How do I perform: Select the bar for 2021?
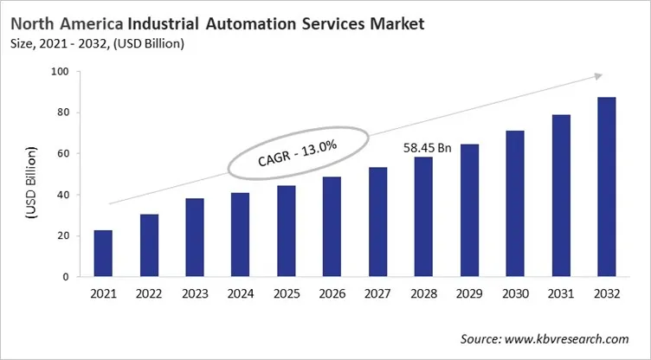click(x=102, y=254)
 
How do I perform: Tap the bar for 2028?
click(x=424, y=217)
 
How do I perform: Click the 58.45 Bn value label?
click(x=428, y=148)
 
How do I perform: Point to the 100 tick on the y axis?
click(x=60, y=72)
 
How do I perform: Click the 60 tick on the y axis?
click(x=62, y=154)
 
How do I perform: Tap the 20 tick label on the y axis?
click(x=62, y=236)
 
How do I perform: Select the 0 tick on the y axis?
click(x=66, y=277)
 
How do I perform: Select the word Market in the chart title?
click(x=394, y=23)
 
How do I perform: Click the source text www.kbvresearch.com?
click(x=571, y=338)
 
